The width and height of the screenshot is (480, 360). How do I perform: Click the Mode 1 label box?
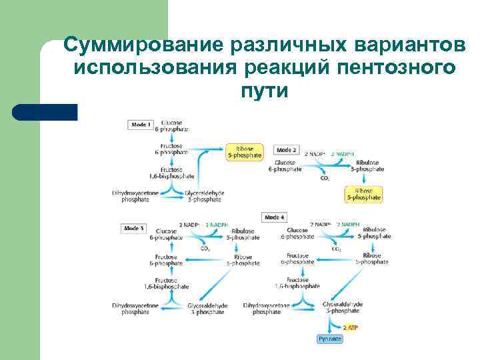[141, 124]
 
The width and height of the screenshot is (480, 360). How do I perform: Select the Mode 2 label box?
[286, 150]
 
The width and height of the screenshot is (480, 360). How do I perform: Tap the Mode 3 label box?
[134, 229]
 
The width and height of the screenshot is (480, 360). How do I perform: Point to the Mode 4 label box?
[274, 217]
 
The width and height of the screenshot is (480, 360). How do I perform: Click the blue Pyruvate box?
[330, 339]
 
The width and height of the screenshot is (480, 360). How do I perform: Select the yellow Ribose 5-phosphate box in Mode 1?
[245, 151]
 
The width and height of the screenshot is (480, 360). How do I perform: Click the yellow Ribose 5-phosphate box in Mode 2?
[363, 194]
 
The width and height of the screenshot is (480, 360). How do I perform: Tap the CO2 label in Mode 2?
[325, 178]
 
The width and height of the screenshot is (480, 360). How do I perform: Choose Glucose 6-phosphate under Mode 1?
[175, 126]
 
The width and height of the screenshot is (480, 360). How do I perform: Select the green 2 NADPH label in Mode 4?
[348, 225]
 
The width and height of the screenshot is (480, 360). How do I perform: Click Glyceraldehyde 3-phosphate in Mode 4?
[343, 307]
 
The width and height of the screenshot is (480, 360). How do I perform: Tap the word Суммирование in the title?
[143, 47]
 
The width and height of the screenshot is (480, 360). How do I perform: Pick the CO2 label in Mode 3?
[205, 249]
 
